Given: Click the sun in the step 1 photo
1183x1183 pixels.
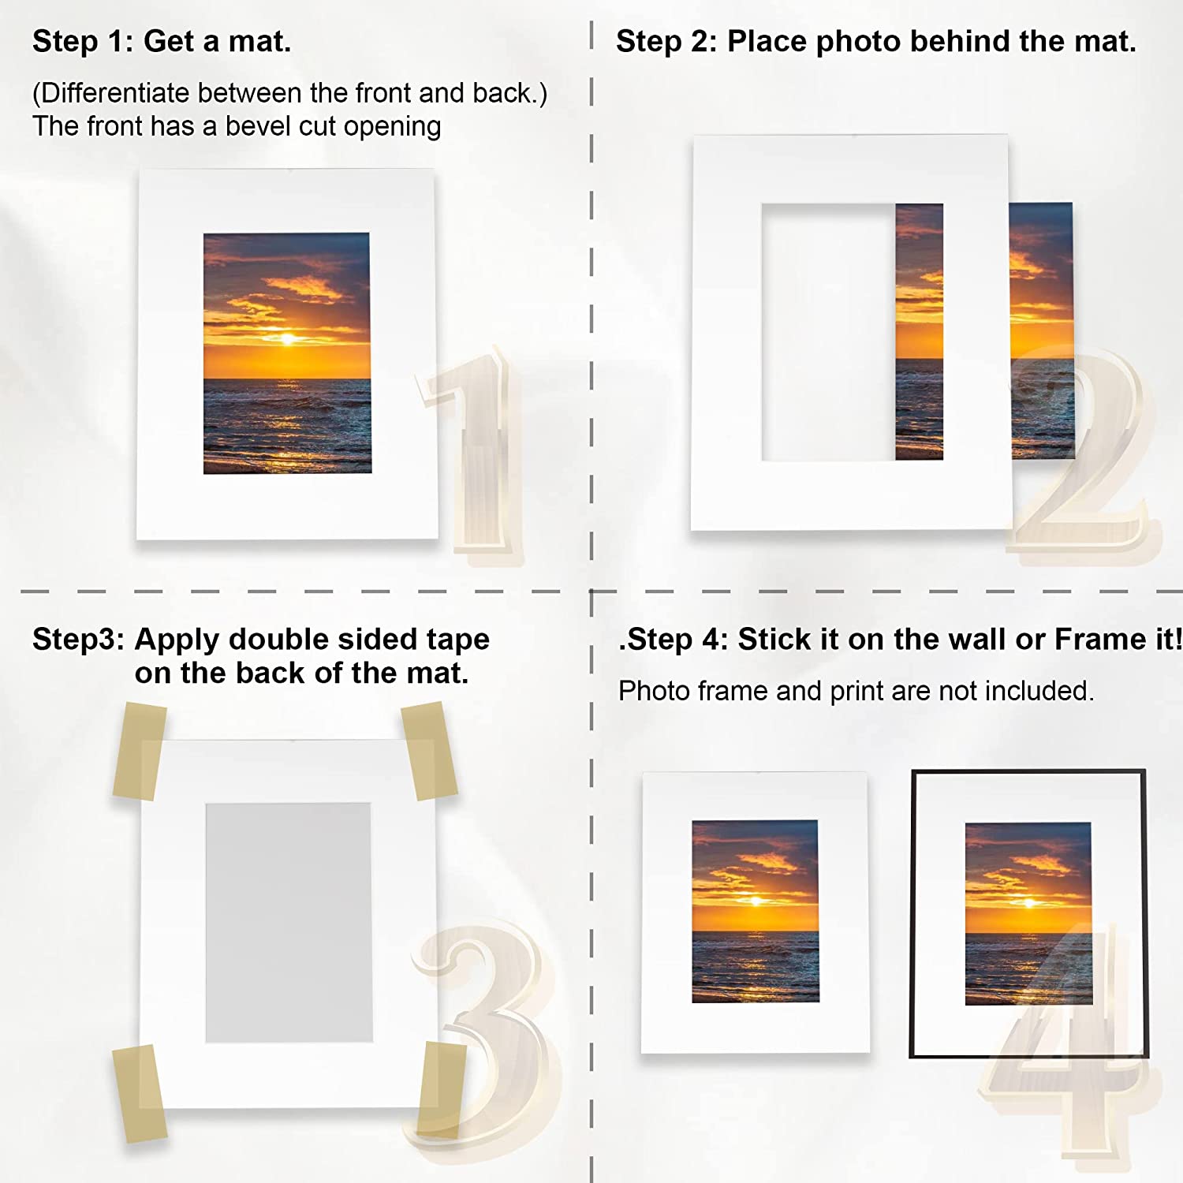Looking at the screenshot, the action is tap(287, 339).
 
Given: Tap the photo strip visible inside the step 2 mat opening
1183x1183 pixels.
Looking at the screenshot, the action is tap(920, 332).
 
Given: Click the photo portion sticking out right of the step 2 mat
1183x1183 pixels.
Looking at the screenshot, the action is tap(1042, 330).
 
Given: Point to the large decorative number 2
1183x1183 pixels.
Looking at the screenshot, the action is tap(1084, 453).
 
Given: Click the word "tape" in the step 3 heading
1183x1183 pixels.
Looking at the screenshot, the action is tap(458, 640).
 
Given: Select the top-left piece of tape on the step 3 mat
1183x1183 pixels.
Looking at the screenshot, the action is tap(140, 752).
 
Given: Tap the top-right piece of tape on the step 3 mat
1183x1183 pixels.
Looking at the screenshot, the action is tap(430, 751).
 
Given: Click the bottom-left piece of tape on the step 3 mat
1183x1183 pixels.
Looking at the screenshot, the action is tap(140, 1093).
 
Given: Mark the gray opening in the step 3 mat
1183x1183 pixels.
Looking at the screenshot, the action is tap(289, 923).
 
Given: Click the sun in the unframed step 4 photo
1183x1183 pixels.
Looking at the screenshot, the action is tap(756, 901).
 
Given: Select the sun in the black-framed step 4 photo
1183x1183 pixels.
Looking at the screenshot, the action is tap(1028, 903).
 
